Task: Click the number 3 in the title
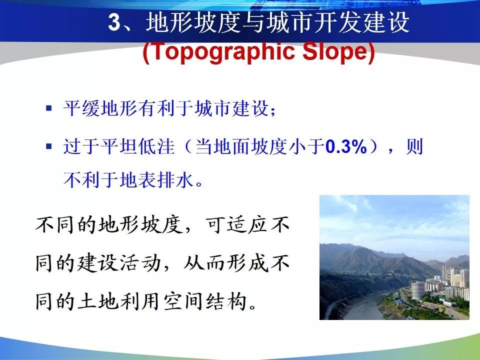(115, 22)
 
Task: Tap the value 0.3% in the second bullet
(346, 146)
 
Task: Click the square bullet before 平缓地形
(48, 108)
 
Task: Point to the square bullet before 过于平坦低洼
(48, 146)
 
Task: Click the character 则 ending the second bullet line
(414, 146)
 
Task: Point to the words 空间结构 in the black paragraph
(205, 301)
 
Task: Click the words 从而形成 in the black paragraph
(226, 263)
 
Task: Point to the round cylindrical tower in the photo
(417, 290)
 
